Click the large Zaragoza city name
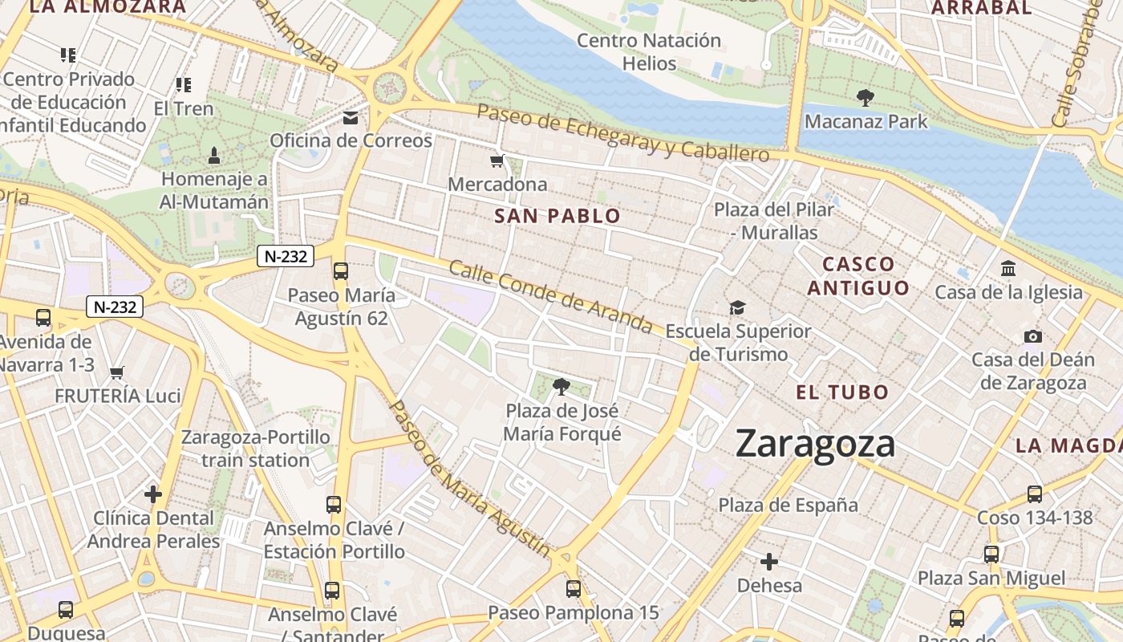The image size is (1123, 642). point(814,444)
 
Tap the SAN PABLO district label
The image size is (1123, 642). point(557,216)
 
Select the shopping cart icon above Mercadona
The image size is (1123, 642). point(497,161)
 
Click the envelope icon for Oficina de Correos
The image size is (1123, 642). point(351,119)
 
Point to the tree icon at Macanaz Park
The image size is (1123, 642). point(865,98)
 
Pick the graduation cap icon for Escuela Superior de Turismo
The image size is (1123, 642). point(737,307)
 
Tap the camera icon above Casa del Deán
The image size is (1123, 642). point(1033,336)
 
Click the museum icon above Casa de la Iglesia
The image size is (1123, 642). point(1008,269)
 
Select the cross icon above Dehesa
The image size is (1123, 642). point(769,562)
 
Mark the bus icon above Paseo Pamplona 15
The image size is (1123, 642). point(573,589)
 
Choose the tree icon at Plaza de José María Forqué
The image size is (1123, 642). point(561,388)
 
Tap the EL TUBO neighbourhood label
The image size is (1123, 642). point(842,392)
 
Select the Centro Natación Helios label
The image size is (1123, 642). point(649,51)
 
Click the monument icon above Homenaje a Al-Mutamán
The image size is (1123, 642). point(214,155)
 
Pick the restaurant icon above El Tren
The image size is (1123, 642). point(184,85)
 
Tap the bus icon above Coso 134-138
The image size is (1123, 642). point(1035,494)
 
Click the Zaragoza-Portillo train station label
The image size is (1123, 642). point(255,449)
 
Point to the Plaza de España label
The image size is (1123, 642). point(788,506)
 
